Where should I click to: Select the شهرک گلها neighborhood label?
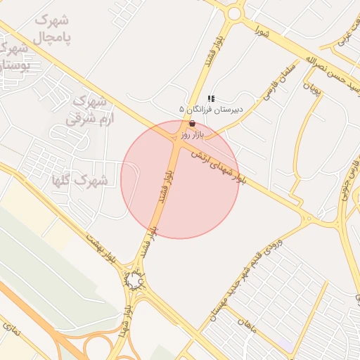[x=79, y=181]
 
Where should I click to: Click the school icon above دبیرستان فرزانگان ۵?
[x=211, y=98]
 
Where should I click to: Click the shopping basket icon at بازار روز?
[x=192, y=123]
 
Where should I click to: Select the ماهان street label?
[x=244, y=326]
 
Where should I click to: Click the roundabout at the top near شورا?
[x=234, y=12]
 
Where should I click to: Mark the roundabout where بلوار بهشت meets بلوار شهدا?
[x=134, y=282]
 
